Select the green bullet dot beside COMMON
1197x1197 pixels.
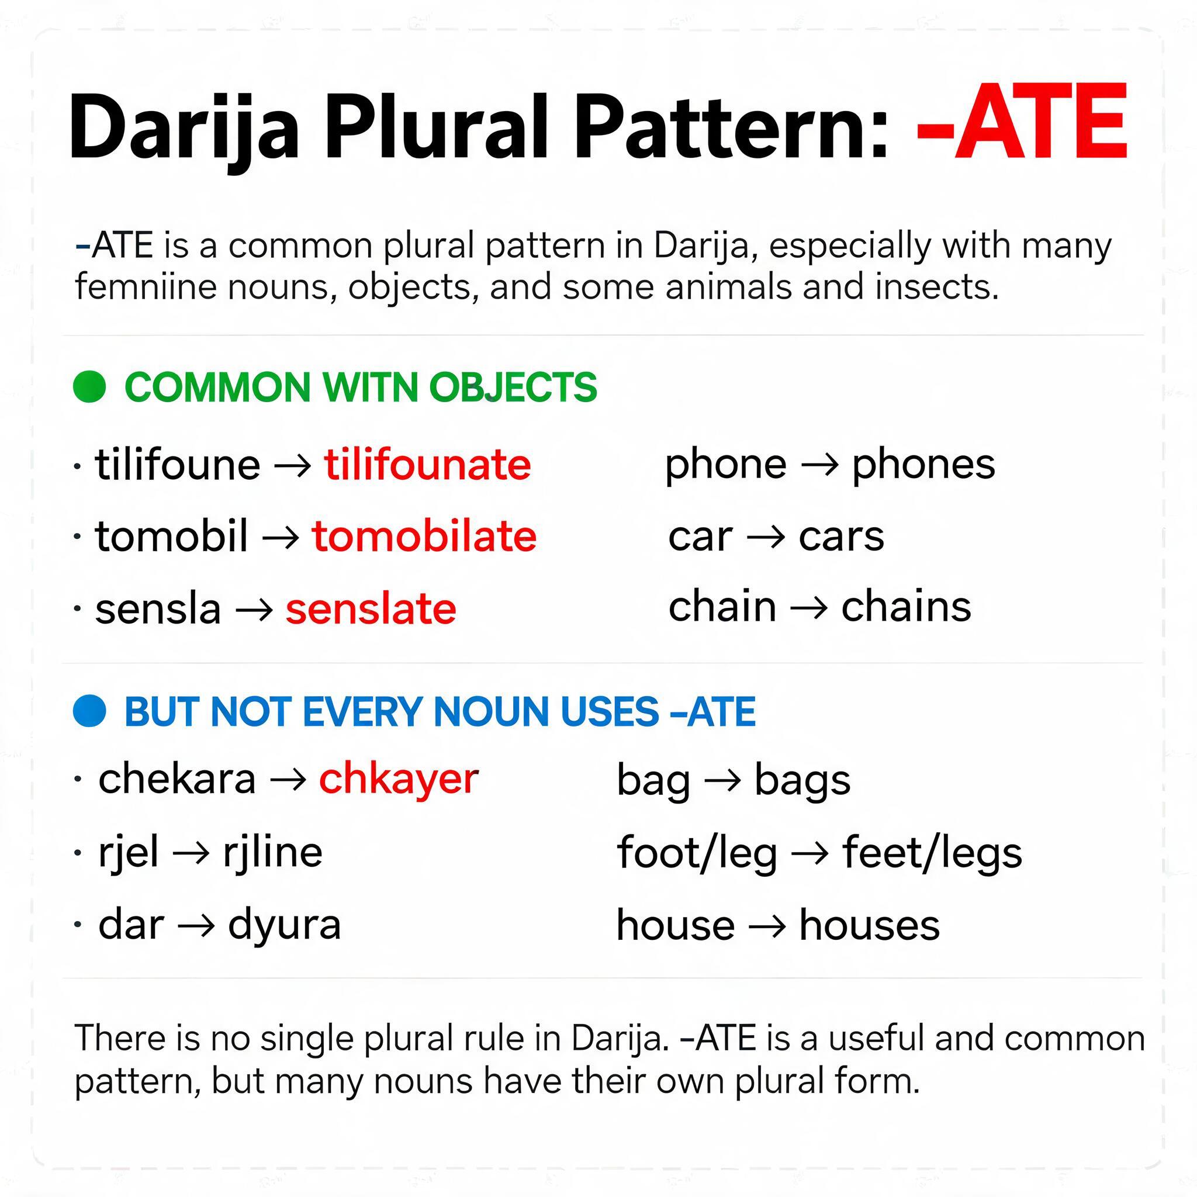(90, 386)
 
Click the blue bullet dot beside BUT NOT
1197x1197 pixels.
(90, 711)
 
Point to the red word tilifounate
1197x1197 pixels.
(427, 464)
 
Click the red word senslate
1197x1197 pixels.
(371, 608)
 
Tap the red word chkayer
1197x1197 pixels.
(399, 780)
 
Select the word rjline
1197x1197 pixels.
(272, 853)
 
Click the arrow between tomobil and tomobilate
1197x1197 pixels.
(281, 537)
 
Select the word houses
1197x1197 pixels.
(869, 925)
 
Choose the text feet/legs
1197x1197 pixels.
(932, 853)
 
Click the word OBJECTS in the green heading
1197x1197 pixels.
(513, 388)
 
